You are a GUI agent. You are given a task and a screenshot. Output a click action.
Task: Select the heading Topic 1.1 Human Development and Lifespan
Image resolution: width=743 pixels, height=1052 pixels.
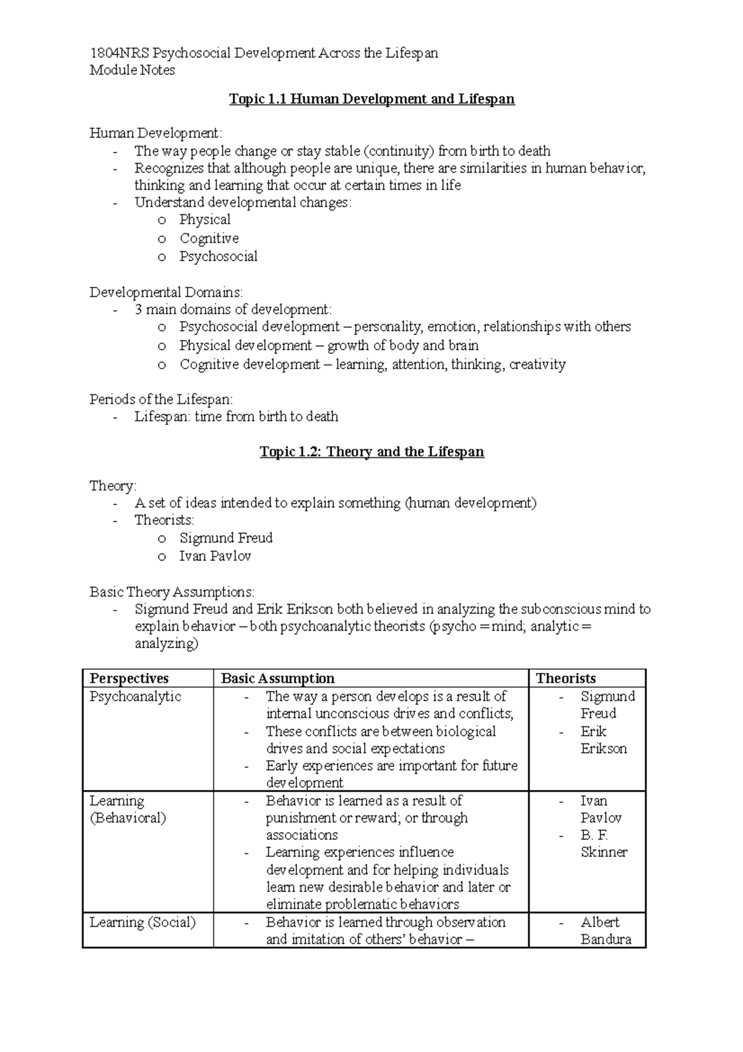click(371, 99)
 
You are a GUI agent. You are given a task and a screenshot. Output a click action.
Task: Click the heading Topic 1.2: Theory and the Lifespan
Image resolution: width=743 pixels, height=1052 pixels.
click(371, 452)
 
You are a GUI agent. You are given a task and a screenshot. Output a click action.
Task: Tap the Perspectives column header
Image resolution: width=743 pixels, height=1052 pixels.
click(129, 678)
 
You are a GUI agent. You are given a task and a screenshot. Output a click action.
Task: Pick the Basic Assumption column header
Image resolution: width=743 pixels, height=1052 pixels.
click(277, 678)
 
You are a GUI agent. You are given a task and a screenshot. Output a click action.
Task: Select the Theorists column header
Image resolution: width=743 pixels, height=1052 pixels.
click(566, 678)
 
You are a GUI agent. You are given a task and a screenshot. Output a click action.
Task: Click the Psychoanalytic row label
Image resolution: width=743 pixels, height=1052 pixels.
click(135, 696)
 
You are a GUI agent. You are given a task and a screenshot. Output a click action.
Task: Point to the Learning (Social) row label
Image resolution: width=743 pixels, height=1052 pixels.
click(142, 923)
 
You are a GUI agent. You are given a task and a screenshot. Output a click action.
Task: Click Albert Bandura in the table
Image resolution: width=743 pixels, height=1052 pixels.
click(605, 931)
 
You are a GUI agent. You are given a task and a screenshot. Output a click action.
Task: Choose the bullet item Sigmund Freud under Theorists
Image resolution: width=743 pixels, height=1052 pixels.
click(226, 538)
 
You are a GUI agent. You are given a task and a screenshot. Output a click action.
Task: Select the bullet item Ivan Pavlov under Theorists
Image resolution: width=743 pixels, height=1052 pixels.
click(215, 556)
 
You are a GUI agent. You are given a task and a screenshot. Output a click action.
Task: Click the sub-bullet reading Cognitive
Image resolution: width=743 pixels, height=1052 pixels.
click(209, 239)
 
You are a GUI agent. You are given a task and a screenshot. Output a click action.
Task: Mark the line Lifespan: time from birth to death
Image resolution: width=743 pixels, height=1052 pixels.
click(236, 416)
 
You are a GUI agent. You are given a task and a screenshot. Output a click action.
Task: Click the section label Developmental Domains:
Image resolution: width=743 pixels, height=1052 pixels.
click(166, 292)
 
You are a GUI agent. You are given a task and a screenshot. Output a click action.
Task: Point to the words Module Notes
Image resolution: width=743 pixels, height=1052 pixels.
click(132, 70)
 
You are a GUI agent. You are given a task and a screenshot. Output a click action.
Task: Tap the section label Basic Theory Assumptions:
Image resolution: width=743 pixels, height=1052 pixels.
click(172, 592)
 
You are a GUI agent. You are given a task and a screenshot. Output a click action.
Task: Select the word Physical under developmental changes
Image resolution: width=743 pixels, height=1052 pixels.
click(204, 220)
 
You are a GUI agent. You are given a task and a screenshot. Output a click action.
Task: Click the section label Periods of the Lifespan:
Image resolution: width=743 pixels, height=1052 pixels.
click(161, 399)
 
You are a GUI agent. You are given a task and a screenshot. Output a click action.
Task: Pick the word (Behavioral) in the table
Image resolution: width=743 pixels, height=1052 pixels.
click(128, 818)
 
